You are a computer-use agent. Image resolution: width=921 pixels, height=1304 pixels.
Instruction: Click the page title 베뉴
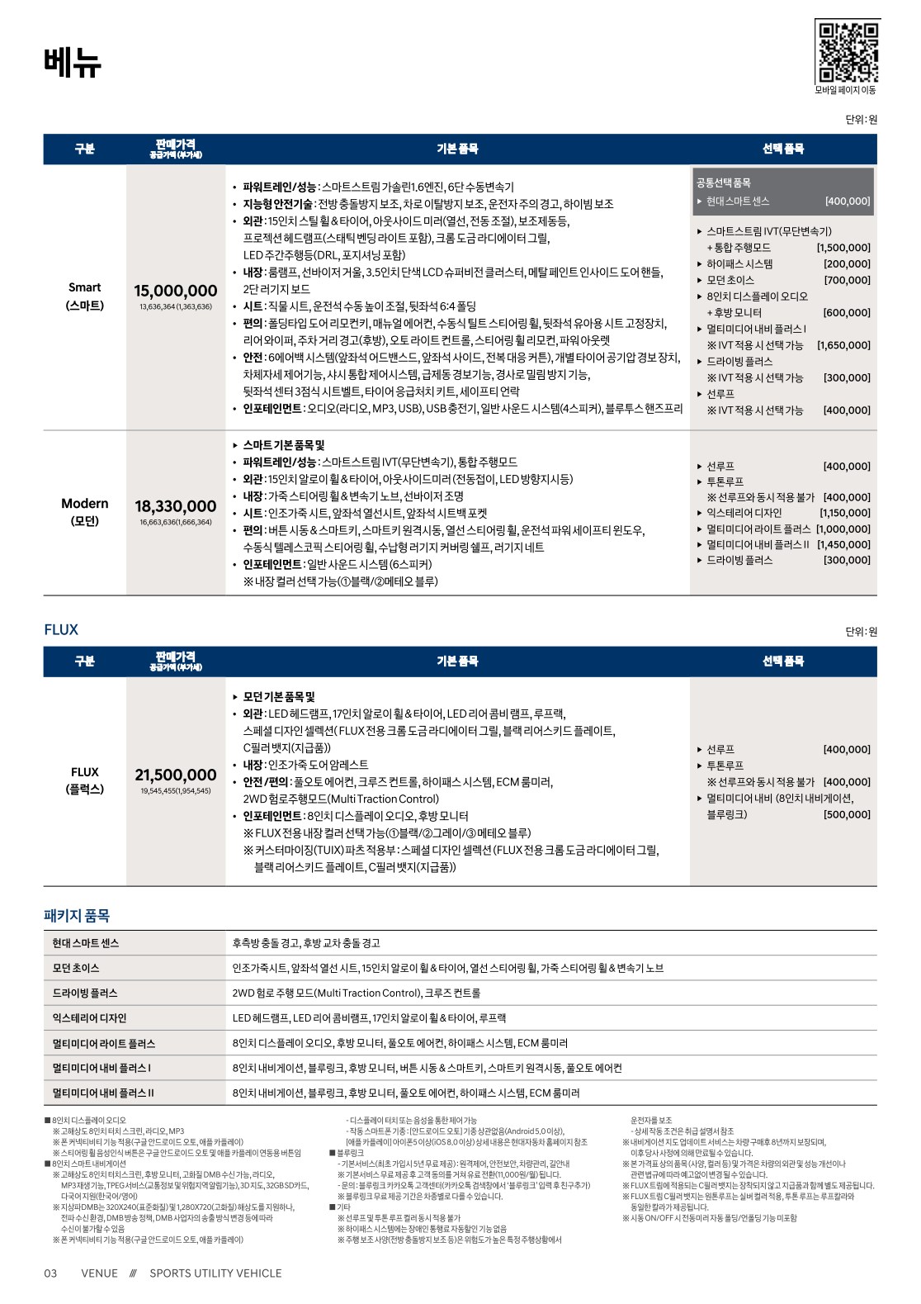(72, 62)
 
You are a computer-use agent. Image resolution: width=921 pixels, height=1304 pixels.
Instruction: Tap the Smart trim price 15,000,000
(176, 291)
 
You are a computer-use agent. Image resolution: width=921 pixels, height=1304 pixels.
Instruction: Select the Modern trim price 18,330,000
(176, 506)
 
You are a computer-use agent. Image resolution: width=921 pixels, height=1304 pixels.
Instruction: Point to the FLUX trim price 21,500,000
(176, 775)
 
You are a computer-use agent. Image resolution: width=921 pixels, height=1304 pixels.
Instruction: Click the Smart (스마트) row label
(85, 296)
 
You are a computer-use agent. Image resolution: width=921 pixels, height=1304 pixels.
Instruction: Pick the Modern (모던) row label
(85, 512)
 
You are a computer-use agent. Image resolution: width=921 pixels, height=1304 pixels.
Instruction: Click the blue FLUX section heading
(61, 630)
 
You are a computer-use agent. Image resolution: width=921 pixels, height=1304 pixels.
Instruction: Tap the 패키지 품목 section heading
(77, 915)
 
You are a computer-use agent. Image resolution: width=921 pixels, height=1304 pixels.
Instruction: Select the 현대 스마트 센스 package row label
(86, 943)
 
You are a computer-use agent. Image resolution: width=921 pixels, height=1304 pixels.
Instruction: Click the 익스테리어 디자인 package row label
(89, 1018)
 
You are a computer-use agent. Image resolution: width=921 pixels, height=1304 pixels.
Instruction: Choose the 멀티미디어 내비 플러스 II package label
(103, 1093)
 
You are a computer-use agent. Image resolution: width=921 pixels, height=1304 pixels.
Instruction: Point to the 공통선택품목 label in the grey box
(724, 183)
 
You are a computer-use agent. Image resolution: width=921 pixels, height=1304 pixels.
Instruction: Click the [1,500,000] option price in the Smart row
(843, 248)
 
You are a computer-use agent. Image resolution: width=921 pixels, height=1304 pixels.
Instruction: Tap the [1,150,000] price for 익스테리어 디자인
(845, 513)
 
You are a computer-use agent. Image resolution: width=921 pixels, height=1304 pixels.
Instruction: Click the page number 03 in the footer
(50, 1273)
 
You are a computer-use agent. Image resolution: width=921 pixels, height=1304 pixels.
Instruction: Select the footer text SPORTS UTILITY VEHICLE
(215, 1273)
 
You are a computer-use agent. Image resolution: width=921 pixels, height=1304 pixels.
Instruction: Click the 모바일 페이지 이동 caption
(846, 90)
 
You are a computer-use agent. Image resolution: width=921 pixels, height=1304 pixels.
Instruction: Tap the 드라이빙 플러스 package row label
(85, 993)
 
